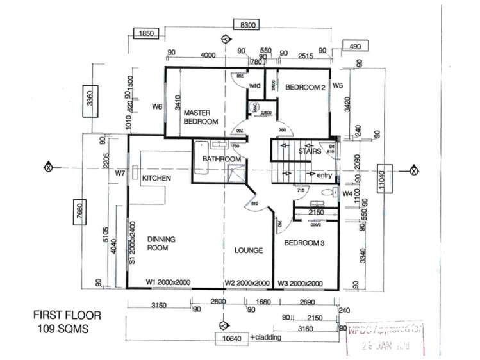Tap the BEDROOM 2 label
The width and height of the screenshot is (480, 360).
[x=306, y=87]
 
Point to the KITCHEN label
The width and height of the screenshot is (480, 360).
[x=156, y=177]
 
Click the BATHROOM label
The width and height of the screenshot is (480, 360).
[x=221, y=159]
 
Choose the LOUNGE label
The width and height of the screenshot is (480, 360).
[x=248, y=250]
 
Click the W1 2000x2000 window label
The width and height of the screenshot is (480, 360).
[x=169, y=282]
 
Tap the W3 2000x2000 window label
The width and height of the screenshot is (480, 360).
[x=300, y=282]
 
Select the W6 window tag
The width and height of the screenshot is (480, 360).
[x=156, y=106]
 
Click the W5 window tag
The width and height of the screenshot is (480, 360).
[x=338, y=84]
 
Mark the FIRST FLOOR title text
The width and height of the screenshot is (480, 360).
[x=67, y=315]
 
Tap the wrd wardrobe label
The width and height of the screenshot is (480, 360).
[x=254, y=85]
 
